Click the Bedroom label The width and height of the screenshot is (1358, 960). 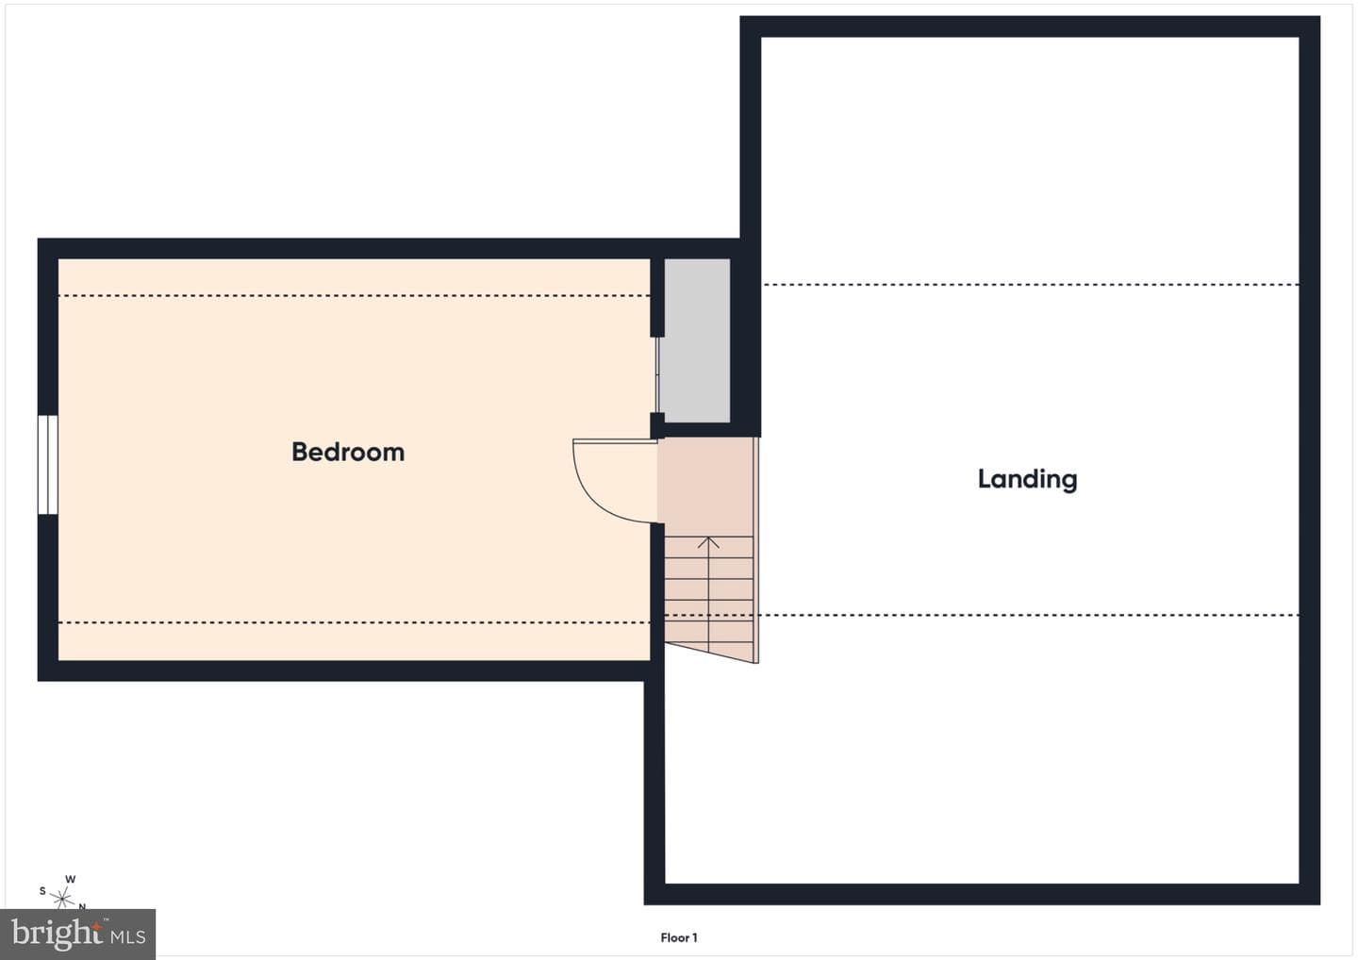[x=348, y=452]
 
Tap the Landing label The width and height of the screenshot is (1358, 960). [x=1028, y=479]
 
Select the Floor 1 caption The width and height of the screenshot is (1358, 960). [x=679, y=937]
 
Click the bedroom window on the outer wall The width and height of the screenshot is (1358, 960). [x=48, y=465]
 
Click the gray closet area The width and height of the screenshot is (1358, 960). [x=696, y=340]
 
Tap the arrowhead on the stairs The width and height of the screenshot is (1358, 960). [x=708, y=542]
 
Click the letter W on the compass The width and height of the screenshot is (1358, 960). [x=71, y=879]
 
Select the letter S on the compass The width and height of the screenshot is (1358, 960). [x=42, y=891]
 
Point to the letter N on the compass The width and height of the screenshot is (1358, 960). [x=82, y=906]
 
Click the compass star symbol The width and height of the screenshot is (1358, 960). [x=62, y=898]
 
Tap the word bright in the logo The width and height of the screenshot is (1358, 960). [x=58, y=934]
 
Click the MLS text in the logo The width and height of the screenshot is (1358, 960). [x=128, y=937]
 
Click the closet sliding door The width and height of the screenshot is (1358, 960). [x=657, y=374]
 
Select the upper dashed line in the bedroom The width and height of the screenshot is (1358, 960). [x=354, y=296]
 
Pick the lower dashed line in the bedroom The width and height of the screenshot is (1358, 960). [x=354, y=622]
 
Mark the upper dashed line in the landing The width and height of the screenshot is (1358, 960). [x=1031, y=284]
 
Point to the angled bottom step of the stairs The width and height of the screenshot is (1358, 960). [x=710, y=653]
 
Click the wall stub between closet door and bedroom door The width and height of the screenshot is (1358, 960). [x=657, y=425]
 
